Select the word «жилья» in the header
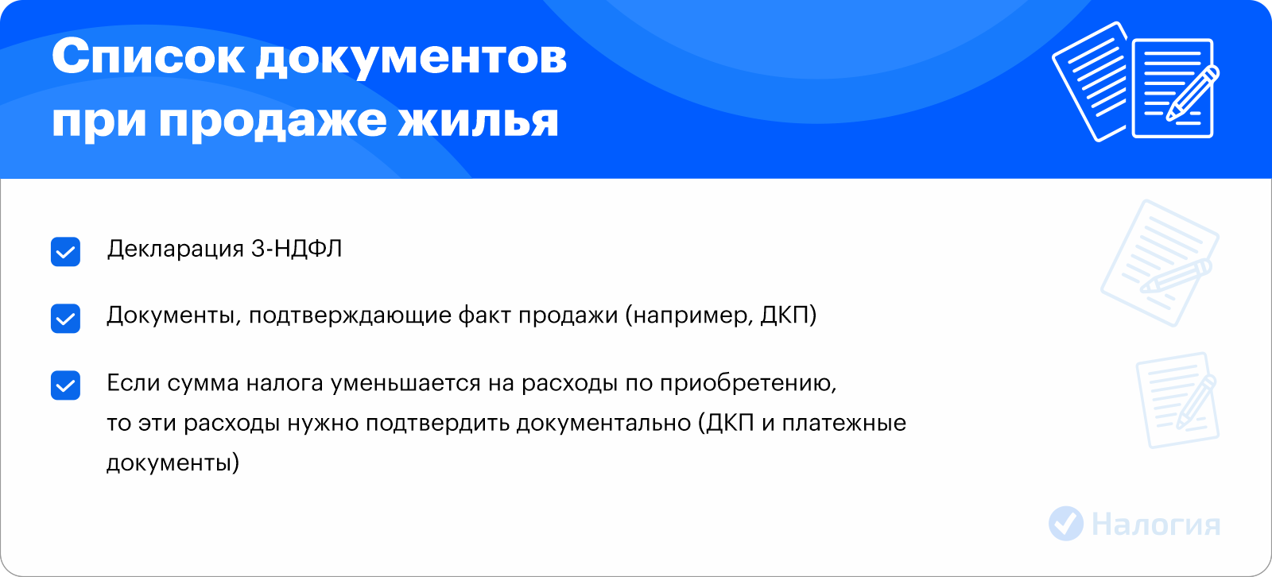478,121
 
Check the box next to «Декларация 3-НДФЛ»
65,252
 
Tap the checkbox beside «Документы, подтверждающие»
65,318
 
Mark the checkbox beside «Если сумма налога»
65,385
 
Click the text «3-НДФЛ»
297,249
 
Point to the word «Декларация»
175,250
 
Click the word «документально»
603,424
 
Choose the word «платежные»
843,424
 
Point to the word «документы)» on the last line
173,463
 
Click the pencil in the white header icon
1192,94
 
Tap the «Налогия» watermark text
1156,525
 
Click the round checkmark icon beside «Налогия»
1066,524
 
